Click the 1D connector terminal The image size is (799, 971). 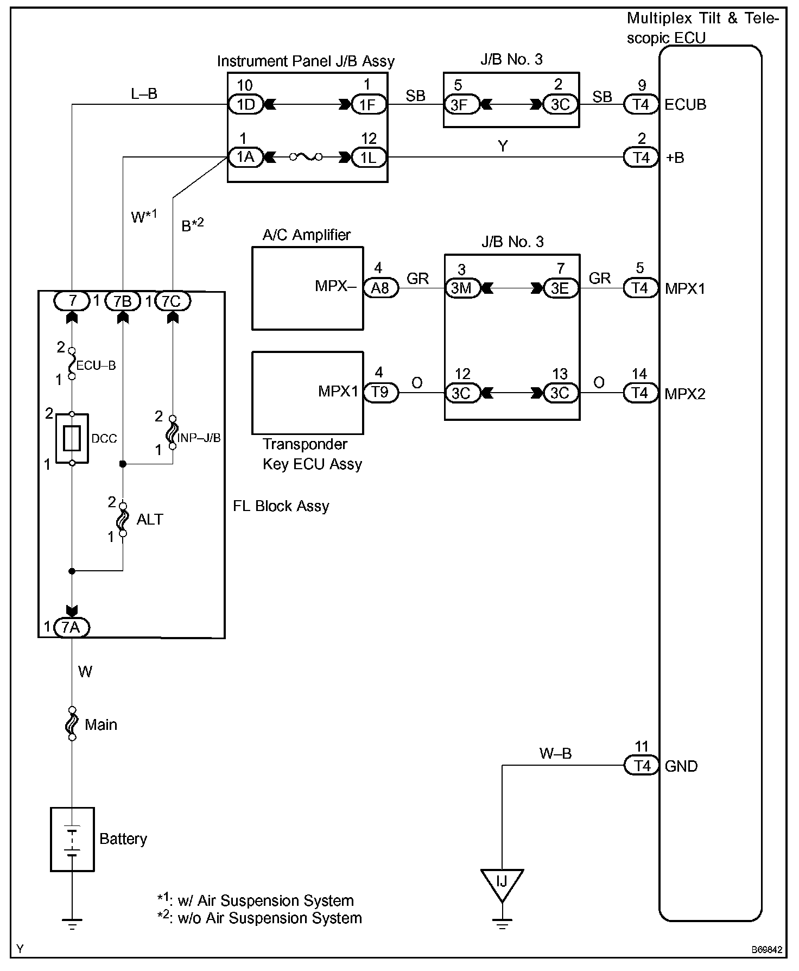click(x=246, y=104)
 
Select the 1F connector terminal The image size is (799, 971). click(x=369, y=104)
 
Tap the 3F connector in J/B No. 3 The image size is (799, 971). click(x=460, y=104)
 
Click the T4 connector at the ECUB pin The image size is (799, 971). click(x=642, y=104)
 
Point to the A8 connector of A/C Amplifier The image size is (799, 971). click(x=380, y=288)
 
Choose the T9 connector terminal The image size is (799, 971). click(x=380, y=393)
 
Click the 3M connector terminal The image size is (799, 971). click(x=461, y=288)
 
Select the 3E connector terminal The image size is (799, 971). click(x=560, y=288)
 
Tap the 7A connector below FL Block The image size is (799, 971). click(x=71, y=627)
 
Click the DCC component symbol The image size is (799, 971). click(x=72, y=438)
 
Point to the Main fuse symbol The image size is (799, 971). click(x=72, y=723)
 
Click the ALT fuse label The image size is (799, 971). click(x=150, y=519)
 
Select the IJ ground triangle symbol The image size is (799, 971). click(x=502, y=882)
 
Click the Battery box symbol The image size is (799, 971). click(x=72, y=839)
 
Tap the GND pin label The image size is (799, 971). click(x=681, y=766)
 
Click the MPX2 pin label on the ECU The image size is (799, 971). click(x=685, y=394)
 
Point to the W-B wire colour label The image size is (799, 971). click(x=555, y=753)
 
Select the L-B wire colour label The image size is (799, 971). click(x=144, y=94)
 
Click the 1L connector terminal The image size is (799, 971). click(x=369, y=157)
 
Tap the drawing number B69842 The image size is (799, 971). click(x=766, y=950)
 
